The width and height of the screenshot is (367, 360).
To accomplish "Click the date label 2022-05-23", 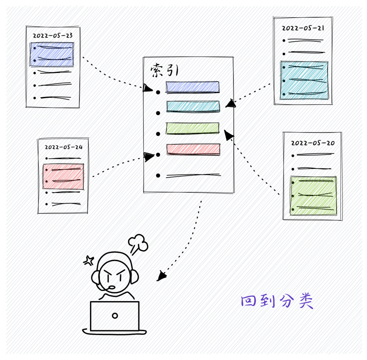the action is [x=53, y=36].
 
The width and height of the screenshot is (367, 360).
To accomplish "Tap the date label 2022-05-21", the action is [x=303, y=28].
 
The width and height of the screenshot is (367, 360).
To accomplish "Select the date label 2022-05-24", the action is [x=64, y=147].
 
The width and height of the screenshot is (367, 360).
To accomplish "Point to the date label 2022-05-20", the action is [x=313, y=143].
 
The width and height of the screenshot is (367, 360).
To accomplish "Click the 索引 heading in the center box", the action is [x=164, y=70].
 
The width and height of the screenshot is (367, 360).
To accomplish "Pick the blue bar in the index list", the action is [x=193, y=87].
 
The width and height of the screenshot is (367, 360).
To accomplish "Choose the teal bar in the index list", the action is [x=193, y=106].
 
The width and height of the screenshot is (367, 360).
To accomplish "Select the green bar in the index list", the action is [x=193, y=128].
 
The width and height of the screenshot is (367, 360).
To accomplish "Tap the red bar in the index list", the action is [x=193, y=149].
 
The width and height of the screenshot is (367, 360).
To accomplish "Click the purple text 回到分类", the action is [x=277, y=301].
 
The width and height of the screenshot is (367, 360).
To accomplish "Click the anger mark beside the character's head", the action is [x=89, y=261].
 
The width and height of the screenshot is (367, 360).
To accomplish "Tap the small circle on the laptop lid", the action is [x=115, y=316].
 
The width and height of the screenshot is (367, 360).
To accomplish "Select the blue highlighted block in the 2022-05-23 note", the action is [x=52, y=54].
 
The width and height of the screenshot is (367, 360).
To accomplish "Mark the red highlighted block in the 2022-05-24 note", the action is [x=63, y=176].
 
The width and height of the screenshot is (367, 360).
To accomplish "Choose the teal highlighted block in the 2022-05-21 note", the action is [x=304, y=80].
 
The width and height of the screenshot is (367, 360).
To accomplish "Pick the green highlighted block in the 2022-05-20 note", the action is [x=313, y=196].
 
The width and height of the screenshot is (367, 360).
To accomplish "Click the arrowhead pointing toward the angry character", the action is [x=162, y=275].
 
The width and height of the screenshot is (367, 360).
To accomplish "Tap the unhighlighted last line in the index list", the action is [x=193, y=176].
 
